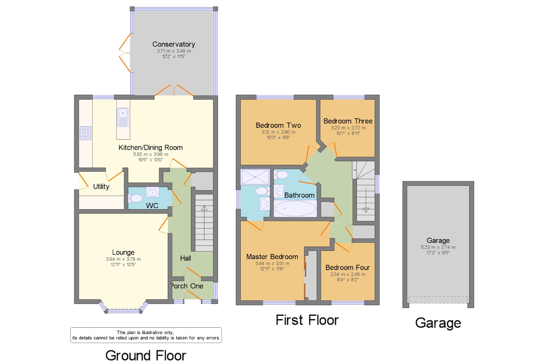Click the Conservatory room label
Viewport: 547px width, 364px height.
[x=174, y=44]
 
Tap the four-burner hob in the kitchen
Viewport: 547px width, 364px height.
[x=85, y=133]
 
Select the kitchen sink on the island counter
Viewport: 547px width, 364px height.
[x=123, y=117]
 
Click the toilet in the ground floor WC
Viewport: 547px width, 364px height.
[x=135, y=198]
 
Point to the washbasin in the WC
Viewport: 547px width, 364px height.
[x=153, y=192]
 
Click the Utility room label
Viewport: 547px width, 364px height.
[x=101, y=187]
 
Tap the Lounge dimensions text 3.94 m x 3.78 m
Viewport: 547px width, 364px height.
[x=123, y=259]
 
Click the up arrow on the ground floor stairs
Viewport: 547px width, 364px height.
[x=204, y=208]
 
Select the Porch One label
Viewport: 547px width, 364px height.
[x=187, y=286]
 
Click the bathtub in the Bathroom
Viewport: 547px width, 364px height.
[x=295, y=208]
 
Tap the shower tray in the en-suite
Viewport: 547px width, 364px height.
[x=255, y=177]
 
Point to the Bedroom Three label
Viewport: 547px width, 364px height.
[x=348, y=121]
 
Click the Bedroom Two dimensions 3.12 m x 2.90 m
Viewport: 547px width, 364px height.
[x=278, y=132]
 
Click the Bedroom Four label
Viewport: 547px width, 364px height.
[x=347, y=267]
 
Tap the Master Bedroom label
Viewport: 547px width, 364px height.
[x=272, y=257]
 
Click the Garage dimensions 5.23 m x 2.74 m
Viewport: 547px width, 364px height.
[x=438, y=247]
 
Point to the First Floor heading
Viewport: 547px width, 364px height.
[x=307, y=320]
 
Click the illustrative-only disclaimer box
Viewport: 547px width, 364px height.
[x=146, y=335]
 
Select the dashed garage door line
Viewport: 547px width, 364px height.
[x=438, y=297]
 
